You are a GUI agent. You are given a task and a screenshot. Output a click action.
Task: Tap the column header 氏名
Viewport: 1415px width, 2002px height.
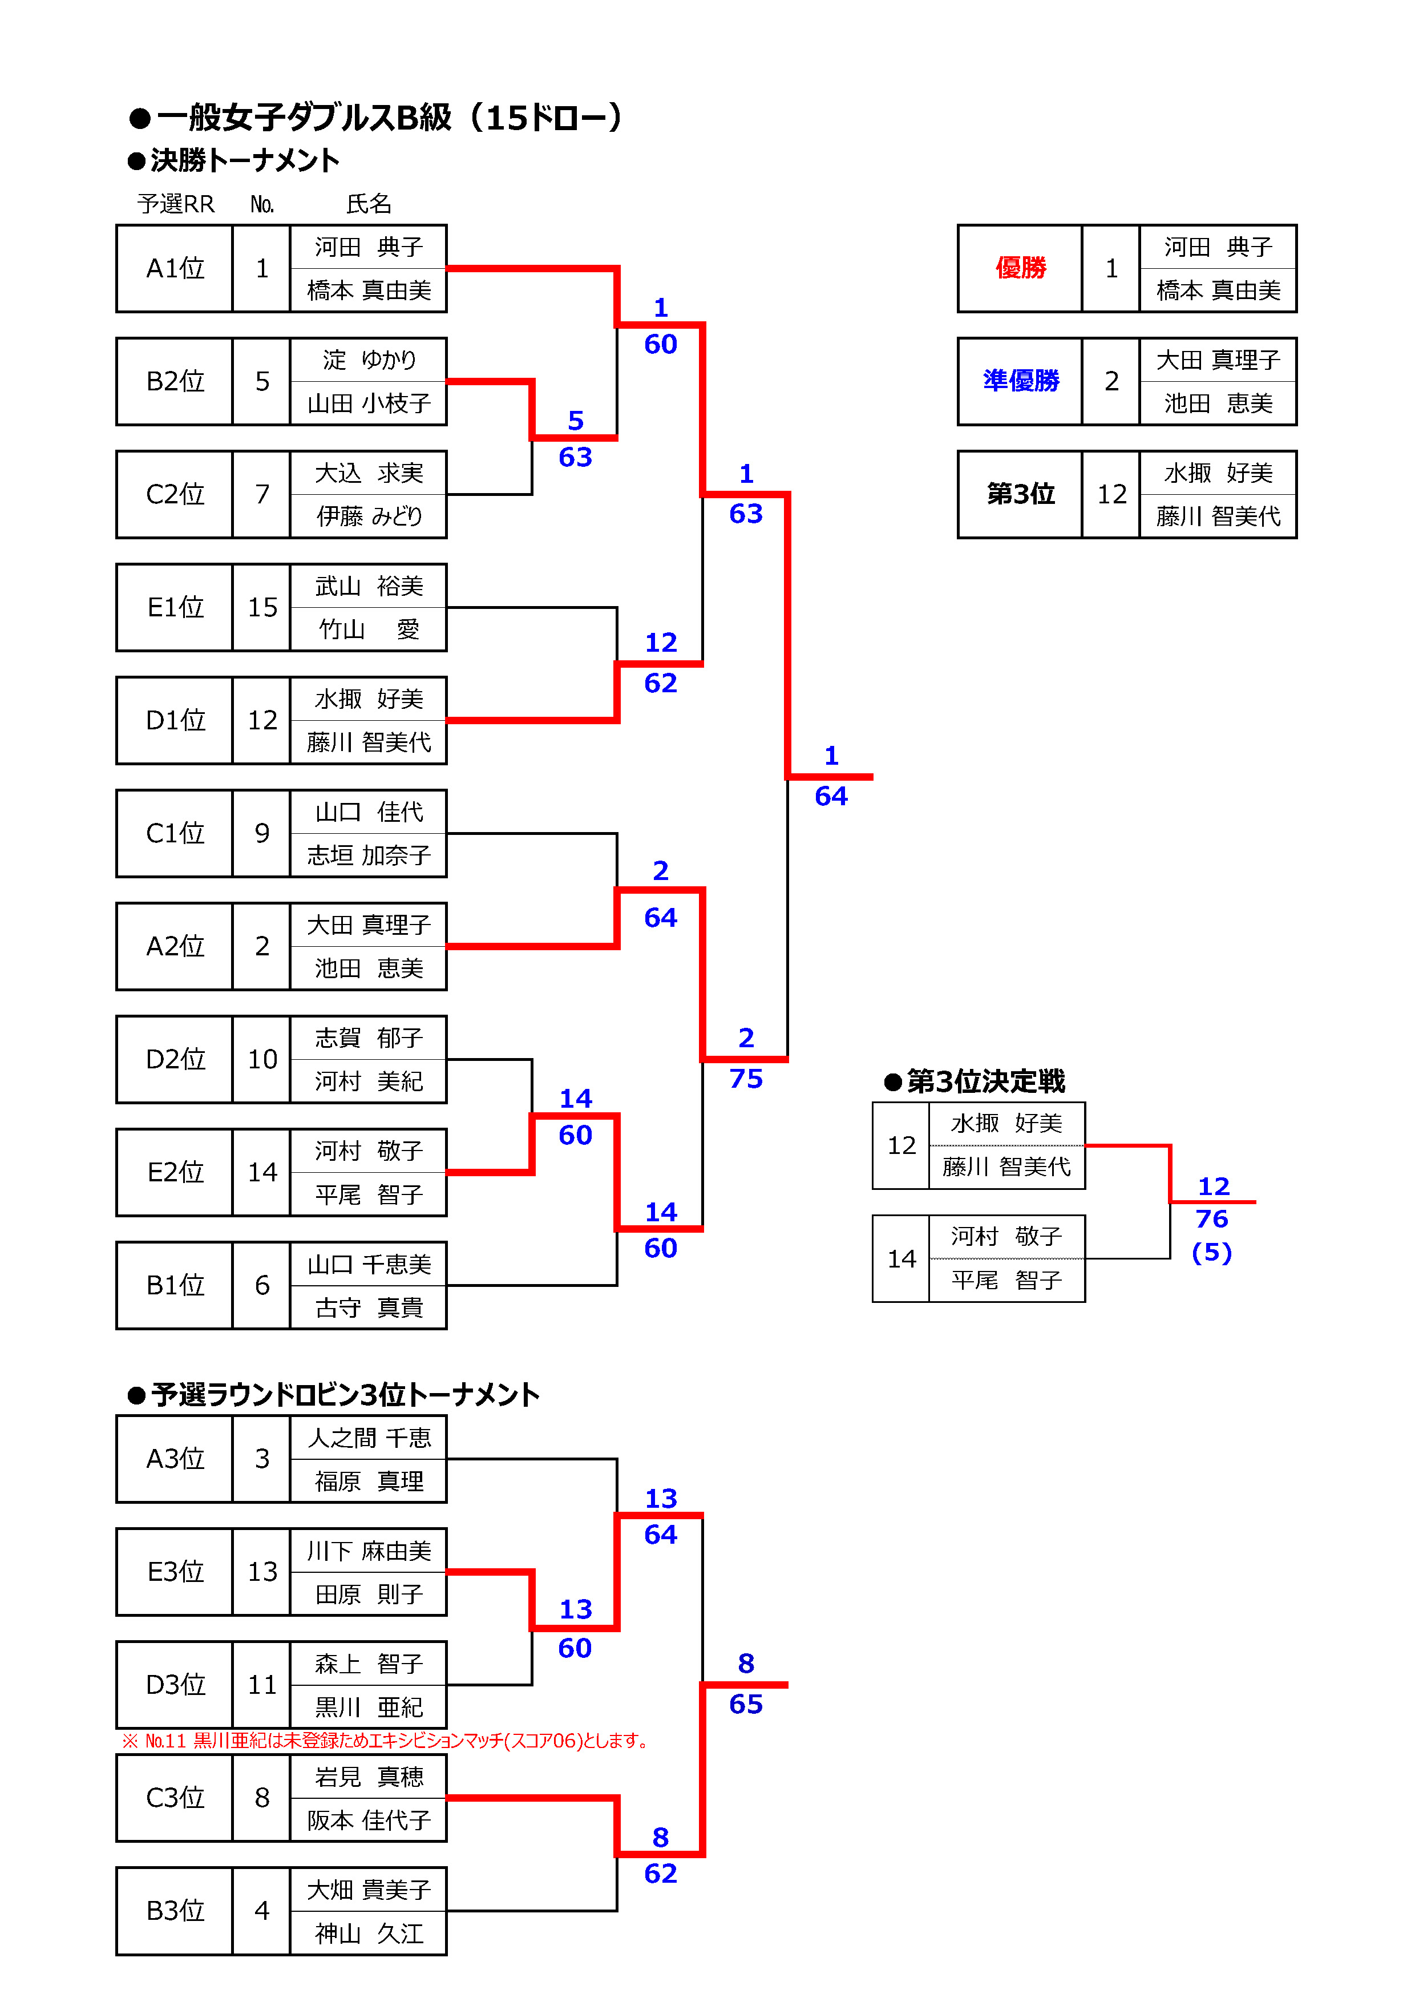368,204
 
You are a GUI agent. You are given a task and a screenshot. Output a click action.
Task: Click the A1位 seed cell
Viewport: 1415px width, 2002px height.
175,269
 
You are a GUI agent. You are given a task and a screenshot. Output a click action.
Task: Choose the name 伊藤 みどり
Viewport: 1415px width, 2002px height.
368,516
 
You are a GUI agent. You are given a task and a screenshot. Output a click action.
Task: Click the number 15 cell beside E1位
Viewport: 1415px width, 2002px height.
261,608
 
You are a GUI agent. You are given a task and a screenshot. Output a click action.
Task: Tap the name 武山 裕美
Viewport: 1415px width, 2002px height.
368,586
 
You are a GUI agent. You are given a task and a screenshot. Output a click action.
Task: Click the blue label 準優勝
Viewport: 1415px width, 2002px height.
1020,381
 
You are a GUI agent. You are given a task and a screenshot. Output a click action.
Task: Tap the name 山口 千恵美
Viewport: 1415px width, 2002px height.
368,1264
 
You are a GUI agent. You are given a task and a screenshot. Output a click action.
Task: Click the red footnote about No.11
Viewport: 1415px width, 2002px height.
386,1741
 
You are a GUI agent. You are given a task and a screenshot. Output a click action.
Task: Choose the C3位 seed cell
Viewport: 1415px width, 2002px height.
175,1798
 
